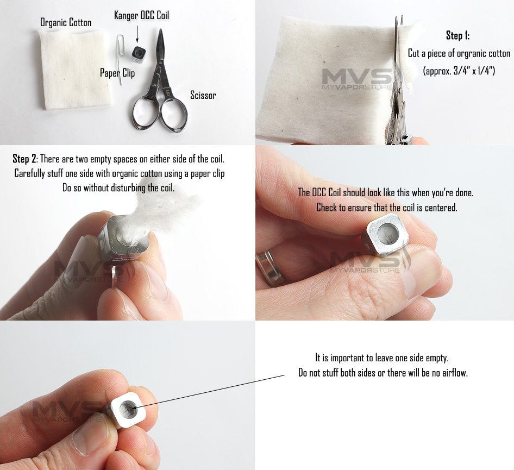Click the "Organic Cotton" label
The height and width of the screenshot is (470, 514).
point(66,22)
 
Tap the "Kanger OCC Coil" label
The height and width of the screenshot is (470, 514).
point(142,15)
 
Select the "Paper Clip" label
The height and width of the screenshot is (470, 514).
point(117,73)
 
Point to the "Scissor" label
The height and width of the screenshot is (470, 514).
point(203,95)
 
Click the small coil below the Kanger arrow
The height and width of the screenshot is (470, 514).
point(139,53)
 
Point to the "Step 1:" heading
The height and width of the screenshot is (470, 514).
point(457,35)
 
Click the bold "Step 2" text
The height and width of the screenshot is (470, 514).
point(24,159)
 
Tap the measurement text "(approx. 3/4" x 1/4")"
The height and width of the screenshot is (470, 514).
point(459,71)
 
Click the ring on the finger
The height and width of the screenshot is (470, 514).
point(270,267)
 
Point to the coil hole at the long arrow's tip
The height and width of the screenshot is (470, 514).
point(128,409)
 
